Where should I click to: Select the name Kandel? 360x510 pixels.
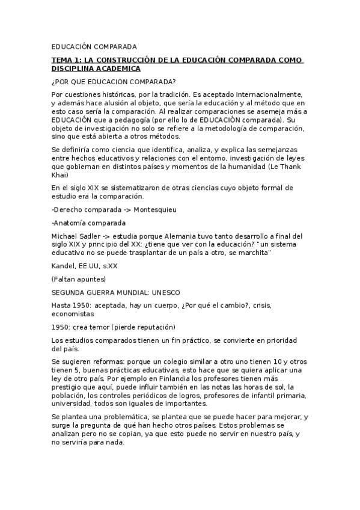tap(63, 265)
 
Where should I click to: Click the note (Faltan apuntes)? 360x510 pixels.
tap(79, 279)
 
